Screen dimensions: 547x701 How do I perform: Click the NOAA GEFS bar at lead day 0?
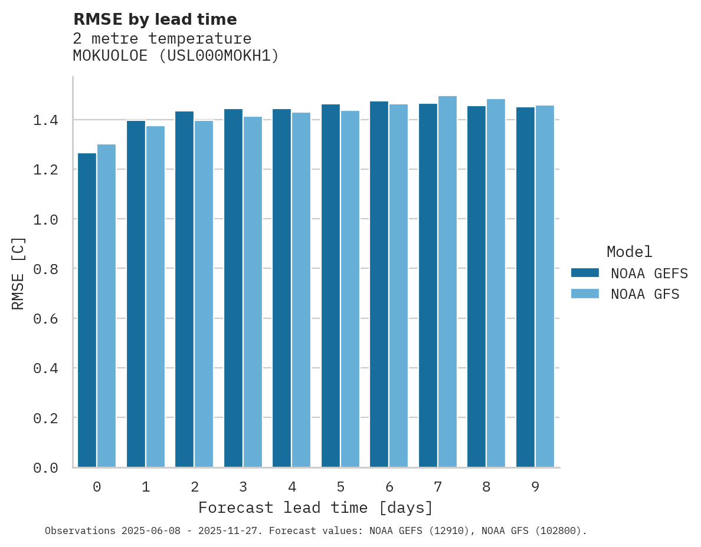[x=87, y=310]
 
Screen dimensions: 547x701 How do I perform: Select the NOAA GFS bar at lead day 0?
[x=106, y=305]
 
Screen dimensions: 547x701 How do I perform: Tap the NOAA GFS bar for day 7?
[x=447, y=282]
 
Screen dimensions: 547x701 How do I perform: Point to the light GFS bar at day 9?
[x=545, y=286]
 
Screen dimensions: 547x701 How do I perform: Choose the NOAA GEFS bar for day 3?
[x=233, y=288]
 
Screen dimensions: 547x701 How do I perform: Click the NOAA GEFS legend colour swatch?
[x=585, y=273]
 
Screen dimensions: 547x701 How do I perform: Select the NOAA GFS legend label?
[x=645, y=294]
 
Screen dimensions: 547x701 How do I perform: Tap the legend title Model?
[x=629, y=252]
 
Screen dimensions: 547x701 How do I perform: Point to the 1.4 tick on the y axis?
[x=45, y=120]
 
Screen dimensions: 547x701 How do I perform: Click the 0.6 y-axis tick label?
[x=45, y=319]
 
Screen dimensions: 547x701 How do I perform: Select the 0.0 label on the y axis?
[x=45, y=468]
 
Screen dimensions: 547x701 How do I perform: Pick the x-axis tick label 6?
[x=389, y=487]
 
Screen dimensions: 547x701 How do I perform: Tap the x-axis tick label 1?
[x=146, y=487]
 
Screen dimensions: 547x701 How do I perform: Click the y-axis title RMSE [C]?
[x=18, y=273]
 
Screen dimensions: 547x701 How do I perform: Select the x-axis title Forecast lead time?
[x=316, y=508]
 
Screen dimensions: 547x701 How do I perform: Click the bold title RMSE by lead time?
[x=155, y=19]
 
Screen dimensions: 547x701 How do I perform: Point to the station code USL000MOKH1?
[x=219, y=56]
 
